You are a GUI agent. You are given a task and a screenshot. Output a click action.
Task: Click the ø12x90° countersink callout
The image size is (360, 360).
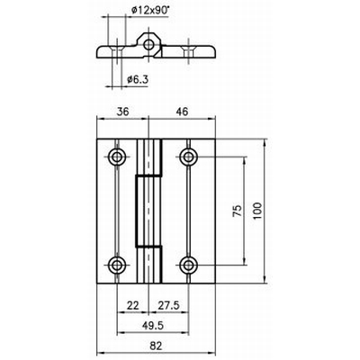pyautogui.click(x=150, y=11)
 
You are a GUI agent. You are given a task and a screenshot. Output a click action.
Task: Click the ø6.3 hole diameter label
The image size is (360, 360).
pyautogui.click(x=138, y=79)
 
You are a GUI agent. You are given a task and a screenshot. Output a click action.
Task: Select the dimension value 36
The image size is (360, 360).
pyautogui.click(x=122, y=112)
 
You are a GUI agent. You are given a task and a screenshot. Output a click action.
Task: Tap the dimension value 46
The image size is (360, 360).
pyautogui.click(x=182, y=112)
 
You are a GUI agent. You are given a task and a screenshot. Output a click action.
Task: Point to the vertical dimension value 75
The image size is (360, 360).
pyautogui.click(x=237, y=211)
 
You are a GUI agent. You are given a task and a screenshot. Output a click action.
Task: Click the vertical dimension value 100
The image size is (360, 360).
pyautogui.click(x=257, y=211)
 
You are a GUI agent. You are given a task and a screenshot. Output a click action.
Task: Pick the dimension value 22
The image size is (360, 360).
pyautogui.click(x=133, y=305)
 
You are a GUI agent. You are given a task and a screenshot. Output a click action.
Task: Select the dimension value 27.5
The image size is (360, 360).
pyautogui.click(x=168, y=305)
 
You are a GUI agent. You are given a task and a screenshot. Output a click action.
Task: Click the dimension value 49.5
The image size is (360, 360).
pyautogui.click(x=153, y=326)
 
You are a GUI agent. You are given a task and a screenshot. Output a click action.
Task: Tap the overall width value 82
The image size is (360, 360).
pyautogui.click(x=156, y=346)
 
